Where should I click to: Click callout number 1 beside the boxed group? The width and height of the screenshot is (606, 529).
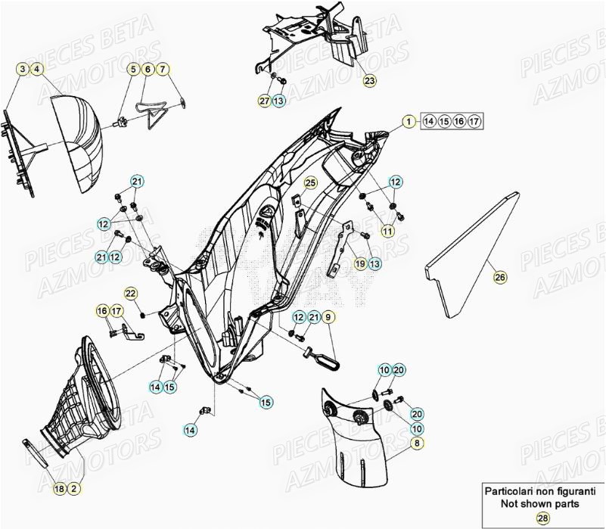pyautogui.click(x=408, y=121)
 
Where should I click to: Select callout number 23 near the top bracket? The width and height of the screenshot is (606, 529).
pyautogui.click(x=368, y=80)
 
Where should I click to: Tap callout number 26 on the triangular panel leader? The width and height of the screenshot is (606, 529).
pyautogui.click(x=499, y=278)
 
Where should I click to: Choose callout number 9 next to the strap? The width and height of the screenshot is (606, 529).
pyautogui.click(x=328, y=317)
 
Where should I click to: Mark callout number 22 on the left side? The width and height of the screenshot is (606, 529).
pyautogui.click(x=130, y=293)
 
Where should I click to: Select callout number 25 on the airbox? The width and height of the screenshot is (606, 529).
pyautogui.click(x=310, y=182)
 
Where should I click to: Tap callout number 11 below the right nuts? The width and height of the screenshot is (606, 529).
pyautogui.click(x=387, y=230)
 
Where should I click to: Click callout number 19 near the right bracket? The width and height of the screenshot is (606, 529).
pyautogui.click(x=361, y=263)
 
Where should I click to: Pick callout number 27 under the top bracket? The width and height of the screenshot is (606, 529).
pyautogui.click(x=264, y=101)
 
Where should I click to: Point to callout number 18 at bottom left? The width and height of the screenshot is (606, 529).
pyautogui.click(x=60, y=490)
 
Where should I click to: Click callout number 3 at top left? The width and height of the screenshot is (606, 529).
pyautogui.click(x=23, y=70)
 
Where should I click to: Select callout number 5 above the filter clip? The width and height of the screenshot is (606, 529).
pyautogui.click(x=133, y=70)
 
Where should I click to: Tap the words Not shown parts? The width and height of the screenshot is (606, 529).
pyautogui.click(x=539, y=503)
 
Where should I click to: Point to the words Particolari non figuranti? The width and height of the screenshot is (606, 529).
pyautogui.click(x=539, y=490)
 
